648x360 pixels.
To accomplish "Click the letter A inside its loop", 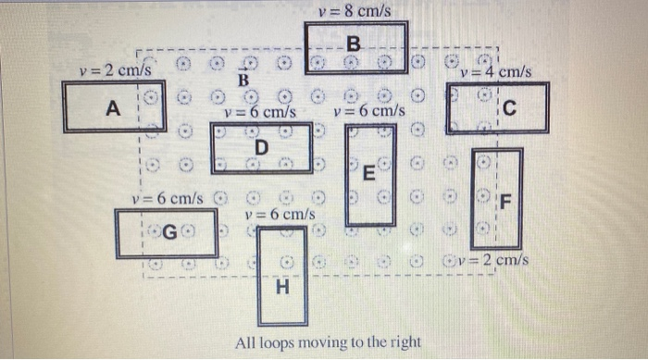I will (x=113, y=109).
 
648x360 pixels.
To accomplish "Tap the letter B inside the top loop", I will (x=355, y=43).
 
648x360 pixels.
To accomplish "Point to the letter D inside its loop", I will (x=261, y=147).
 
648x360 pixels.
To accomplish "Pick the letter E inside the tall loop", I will (x=368, y=172).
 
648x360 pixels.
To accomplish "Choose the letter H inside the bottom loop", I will (x=282, y=289).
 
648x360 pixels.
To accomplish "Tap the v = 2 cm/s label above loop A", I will (x=116, y=69).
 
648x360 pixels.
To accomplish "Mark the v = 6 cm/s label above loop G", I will (x=167, y=198).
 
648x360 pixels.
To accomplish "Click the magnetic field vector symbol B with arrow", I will (x=244, y=80).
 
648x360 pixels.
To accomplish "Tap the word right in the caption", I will (x=403, y=343).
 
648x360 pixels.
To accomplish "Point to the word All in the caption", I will (x=245, y=343).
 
